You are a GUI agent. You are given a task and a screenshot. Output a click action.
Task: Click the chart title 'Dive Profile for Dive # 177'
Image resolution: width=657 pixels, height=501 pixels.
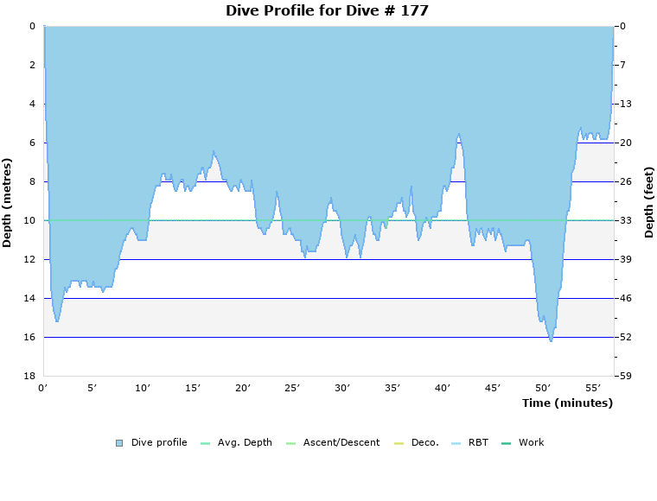click(x=327, y=10)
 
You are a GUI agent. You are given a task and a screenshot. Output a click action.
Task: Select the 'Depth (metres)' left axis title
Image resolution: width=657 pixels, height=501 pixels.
click(x=8, y=202)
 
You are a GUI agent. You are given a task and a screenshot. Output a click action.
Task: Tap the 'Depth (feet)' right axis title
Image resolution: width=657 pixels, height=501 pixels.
click(x=649, y=202)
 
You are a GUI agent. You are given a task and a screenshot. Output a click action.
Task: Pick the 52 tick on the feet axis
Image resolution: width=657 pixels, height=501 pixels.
click(x=625, y=337)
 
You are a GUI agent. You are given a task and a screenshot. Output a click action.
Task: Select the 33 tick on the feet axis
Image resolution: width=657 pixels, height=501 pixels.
click(x=625, y=220)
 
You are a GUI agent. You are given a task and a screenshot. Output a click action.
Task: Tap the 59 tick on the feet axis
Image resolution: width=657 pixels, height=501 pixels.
click(x=625, y=376)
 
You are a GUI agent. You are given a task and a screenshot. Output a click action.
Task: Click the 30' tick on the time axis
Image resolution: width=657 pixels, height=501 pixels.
click(x=343, y=389)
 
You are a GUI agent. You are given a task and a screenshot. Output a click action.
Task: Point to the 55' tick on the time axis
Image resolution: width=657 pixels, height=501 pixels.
click(x=593, y=389)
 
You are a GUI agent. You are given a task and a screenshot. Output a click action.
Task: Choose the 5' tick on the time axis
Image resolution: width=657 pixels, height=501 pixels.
click(x=93, y=389)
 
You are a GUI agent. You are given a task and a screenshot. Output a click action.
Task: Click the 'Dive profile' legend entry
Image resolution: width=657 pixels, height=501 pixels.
click(x=159, y=442)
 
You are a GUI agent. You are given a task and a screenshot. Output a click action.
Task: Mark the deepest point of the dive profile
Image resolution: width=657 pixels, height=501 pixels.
click(x=551, y=341)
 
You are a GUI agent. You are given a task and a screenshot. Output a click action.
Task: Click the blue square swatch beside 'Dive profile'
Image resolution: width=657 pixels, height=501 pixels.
click(x=119, y=443)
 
